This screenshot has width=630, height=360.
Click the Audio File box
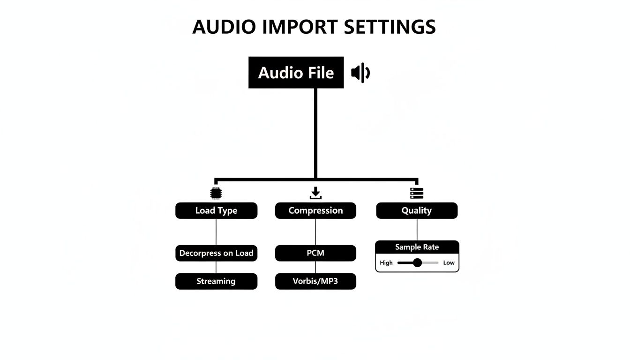(x=296, y=73)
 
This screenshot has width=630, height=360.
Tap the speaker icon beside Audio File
(x=360, y=73)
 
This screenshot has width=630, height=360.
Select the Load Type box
(x=216, y=210)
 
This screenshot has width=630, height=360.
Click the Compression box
(x=315, y=210)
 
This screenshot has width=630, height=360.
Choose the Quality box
(x=417, y=210)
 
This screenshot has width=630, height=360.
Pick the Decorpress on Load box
(x=216, y=253)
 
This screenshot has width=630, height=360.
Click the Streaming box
(x=216, y=281)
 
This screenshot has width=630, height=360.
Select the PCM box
(x=315, y=253)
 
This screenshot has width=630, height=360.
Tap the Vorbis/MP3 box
(x=315, y=281)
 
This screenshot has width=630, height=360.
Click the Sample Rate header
(x=417, y=247)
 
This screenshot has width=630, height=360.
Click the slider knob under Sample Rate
(x=417, y=262)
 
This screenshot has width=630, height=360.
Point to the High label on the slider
(x=386, y=263)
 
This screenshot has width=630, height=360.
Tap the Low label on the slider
(x=449, y=263)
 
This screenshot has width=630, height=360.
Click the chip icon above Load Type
(x=216, y=193)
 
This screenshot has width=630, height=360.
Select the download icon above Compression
(x=315, y=193)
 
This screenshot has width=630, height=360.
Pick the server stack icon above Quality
(x=417, y=193)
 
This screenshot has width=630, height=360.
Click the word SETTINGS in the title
(x=390, y=27)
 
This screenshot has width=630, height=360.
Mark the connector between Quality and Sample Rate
(x=417, y=230)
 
